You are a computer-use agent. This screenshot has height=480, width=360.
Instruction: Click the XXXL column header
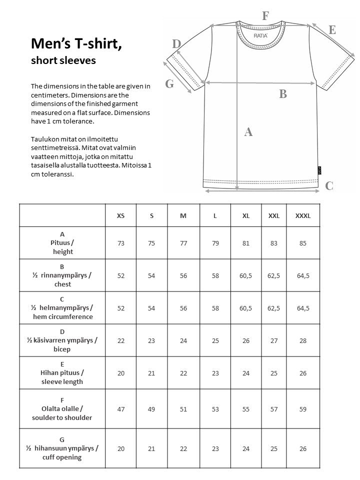click(x=303, y=215)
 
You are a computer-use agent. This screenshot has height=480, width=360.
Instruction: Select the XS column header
click(x=120, y=215)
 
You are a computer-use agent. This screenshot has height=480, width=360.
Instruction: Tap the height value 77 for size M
click(x=183, y=243)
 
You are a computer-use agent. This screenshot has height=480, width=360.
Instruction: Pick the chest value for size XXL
click(x=274, y=275)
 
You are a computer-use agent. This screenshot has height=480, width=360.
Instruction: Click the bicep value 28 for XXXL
click(x=303, y=340)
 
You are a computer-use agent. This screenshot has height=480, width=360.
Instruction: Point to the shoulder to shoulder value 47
click(x=120, y=409)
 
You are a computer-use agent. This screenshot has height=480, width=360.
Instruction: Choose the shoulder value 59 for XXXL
click(x=303, y=409)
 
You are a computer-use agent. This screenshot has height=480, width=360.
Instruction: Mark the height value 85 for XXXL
click(x=303, y=243)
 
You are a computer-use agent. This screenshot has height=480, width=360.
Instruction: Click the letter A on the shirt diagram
click(x=248, y=132)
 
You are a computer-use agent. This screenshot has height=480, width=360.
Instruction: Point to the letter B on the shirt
click(x=283, y=93)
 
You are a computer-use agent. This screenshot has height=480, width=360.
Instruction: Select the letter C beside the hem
click(x=329, y=186)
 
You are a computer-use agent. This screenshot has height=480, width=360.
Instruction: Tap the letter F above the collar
click(x=265, y=15)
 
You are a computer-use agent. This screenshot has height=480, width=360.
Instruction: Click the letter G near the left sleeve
click(x=169, y=84)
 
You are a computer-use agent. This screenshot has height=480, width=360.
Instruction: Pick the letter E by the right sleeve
click(x=332, y=30)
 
